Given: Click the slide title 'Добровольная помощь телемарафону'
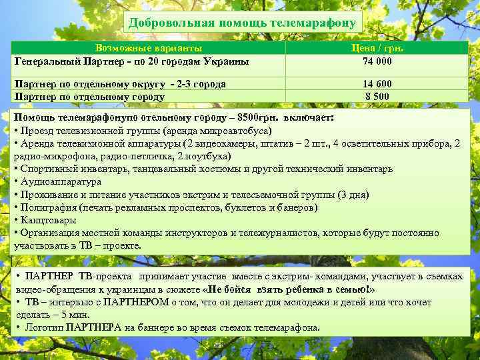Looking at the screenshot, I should tap(243, 23).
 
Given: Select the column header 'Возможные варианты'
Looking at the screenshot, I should tap(149, 49).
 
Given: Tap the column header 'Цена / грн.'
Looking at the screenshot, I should tap(377, 49).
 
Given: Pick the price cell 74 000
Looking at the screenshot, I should tap(377, 61).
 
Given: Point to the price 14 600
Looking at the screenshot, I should tap(377, 84).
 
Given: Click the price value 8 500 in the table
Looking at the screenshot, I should tap(377, 96).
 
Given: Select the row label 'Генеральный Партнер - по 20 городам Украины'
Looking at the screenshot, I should tap(132, 61).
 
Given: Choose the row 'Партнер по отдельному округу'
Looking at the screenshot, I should tap(120, 84).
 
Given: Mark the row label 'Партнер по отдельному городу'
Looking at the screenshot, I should tap(89, 96).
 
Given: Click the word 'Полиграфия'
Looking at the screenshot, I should tap(49, 207).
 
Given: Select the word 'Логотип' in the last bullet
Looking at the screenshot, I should tap(45, 327).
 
